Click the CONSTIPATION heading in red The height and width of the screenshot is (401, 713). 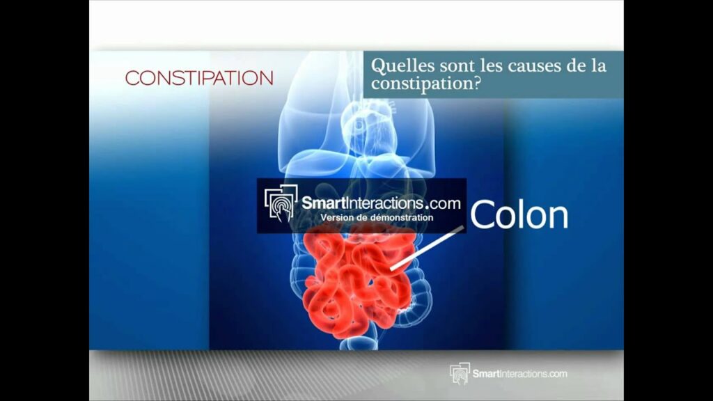[x=199, y=78]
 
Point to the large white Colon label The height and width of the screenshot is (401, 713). [x=519, y=215]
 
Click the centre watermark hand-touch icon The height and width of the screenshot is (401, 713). [x=281, y=203]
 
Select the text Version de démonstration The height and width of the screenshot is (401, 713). [x=377, y=218]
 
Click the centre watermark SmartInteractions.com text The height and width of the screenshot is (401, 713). [x=381, y=203]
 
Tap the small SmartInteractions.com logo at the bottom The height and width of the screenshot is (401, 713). [x=508, y=374]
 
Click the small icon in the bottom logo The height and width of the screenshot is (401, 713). [x=460, y=374]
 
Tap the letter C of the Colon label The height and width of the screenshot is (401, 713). [x=485, y=216]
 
